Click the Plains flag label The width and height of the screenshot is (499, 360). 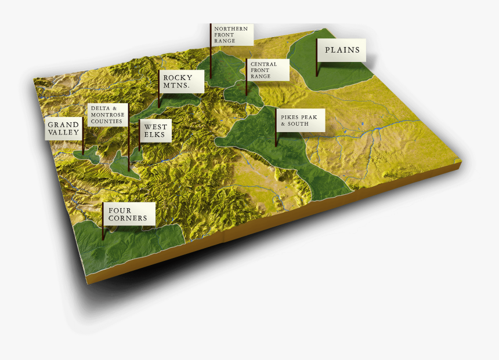point(342,50)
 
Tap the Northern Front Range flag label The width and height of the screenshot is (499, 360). point(232,35)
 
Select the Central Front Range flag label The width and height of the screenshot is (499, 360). point(267,70)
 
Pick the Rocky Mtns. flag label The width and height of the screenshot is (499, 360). point(182,82)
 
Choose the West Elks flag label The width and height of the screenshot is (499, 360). point(155,131)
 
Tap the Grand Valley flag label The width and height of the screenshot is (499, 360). point(63,129)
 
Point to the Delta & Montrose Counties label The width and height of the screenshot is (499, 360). point(108,115)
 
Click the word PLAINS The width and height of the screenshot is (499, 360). point(342,50)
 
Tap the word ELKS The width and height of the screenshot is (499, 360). point(155,135)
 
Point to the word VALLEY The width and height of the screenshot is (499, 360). point(63,133)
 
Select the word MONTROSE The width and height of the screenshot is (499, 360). point(107,115)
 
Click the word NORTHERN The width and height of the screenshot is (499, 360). point(231,28)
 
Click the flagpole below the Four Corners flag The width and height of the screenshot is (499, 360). point(103,232)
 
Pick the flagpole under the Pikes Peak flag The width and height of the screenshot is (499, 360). point(275,139)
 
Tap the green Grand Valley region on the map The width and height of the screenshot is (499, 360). point(86,155)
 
